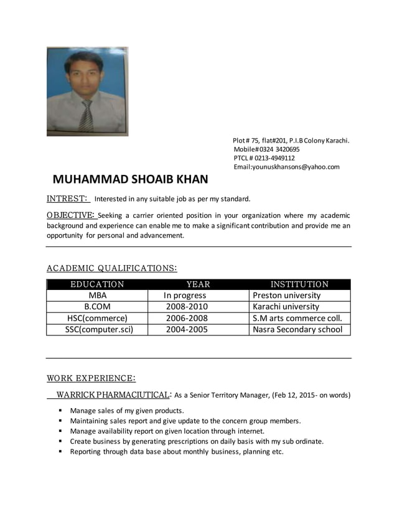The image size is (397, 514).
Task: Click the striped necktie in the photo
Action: coord(86,114)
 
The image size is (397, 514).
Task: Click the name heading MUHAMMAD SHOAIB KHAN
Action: coord(130,180)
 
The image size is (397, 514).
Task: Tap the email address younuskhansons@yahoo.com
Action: coord(286,167)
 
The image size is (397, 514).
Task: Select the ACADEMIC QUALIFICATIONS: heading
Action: coord(112,268)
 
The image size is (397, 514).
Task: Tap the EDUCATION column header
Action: coord(97,284)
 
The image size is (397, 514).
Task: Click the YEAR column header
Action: coord(198,284)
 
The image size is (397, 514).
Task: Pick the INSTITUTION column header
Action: coord(299,284)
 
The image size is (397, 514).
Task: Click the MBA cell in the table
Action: coord(97,295)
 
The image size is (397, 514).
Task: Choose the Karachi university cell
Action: coord(286,306)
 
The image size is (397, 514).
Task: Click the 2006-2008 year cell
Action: coord(187,318)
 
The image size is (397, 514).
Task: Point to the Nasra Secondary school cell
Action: coord(297,329)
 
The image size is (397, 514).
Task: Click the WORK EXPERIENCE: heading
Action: coord(91,378)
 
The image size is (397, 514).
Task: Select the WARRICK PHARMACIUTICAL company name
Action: coord(113,395)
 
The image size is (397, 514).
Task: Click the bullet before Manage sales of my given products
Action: coord(61,411)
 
